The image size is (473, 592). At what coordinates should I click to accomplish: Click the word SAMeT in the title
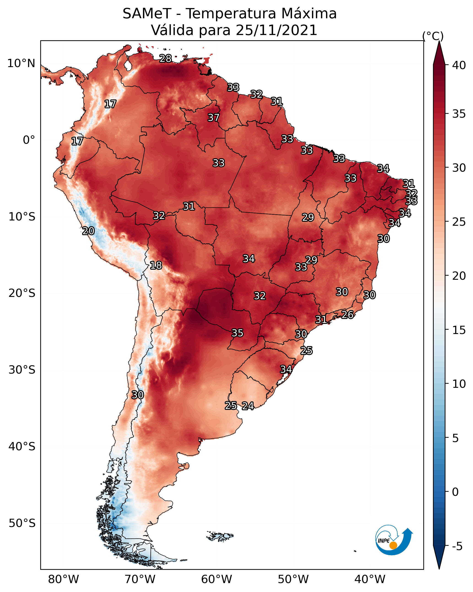(x=147, y=14)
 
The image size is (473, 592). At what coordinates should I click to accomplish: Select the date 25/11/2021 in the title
(x=276, y=30)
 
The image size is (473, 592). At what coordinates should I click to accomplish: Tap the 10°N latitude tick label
(x=21, y=63)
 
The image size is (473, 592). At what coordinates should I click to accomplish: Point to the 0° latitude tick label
(x=29, y=140)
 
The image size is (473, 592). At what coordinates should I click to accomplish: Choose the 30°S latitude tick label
(x=22, y=370)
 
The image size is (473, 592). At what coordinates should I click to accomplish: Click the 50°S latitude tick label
(x=22, y=523)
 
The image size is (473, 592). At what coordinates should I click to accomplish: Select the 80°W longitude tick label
(x=63, y=579)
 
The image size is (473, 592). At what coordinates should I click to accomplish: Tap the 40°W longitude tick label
(x=370, y=579)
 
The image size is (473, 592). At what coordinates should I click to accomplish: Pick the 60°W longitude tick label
(x=217, y=579)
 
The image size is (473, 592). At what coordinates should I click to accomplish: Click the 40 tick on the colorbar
(x=459, y=65)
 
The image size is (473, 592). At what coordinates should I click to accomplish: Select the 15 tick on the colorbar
(x=459, y=330)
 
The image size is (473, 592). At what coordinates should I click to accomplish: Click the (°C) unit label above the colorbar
(x=433, y=36)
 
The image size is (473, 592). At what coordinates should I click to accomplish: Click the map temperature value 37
(x=213, y=117)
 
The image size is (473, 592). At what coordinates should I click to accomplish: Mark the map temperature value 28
(x=165, y=58)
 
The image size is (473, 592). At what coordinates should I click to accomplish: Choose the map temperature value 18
(x=156, y=265)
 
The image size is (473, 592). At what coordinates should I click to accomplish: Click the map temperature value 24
(x=248, y=406)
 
